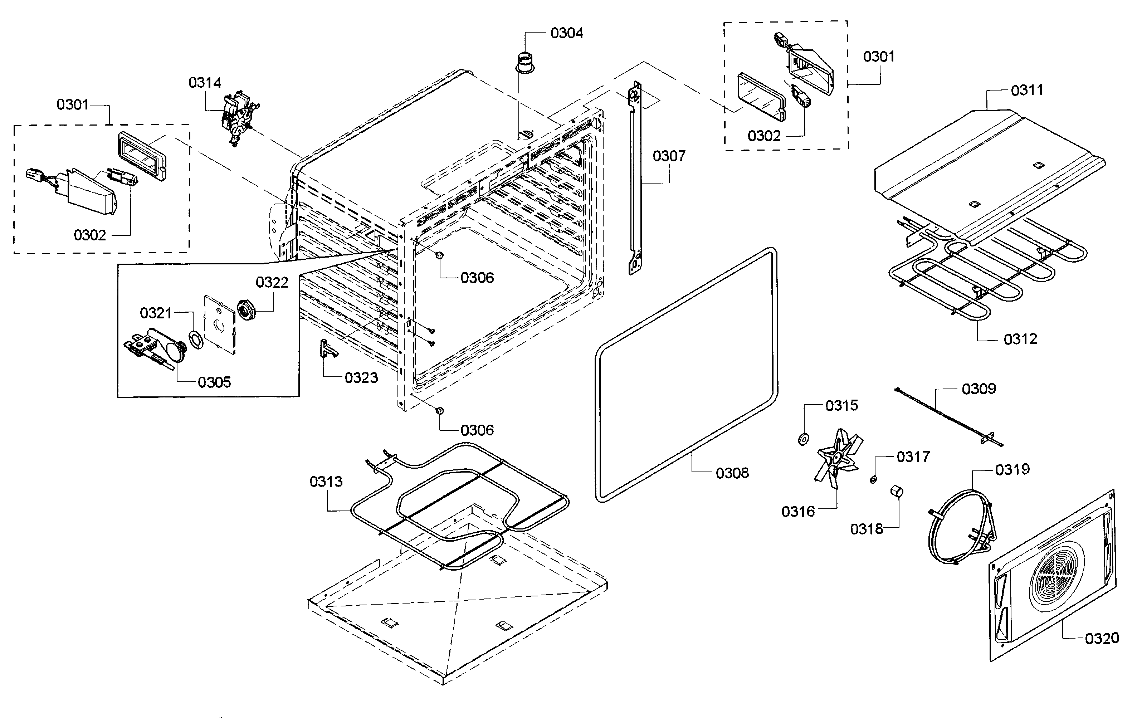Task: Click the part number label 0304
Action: tap(567, 33)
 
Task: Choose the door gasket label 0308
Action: tap(732, 473)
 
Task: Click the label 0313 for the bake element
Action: tap(326, 482)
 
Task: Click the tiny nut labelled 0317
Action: tap(874, 480)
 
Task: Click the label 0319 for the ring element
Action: tap(1012, 469)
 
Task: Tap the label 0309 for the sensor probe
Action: tap(979, 389)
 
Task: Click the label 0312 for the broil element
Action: tap(1020, 339)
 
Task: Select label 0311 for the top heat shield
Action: tap(1026, 90)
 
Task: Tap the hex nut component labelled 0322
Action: tap(247, 310)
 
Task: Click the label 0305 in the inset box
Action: tap(214, 382)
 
